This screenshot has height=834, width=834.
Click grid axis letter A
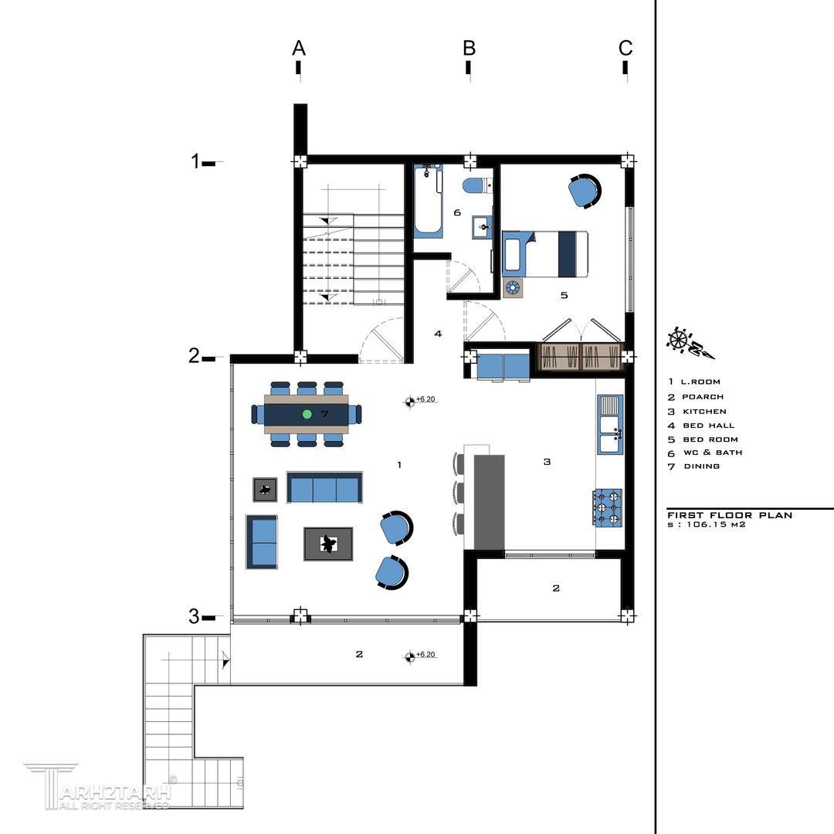299,49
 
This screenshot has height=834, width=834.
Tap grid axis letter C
625,49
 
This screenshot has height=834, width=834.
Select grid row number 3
194,616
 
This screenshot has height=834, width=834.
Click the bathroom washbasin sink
483,228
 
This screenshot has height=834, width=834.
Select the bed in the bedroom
545,254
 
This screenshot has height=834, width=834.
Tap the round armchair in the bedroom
585,190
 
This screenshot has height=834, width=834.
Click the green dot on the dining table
307,414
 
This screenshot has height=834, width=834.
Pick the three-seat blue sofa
325,487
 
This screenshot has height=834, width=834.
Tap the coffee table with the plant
328,544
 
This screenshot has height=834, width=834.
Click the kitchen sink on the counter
610,425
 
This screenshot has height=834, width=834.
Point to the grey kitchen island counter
488,502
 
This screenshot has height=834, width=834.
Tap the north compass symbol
690,344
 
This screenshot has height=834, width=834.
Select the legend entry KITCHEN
704,412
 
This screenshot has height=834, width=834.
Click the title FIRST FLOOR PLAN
730,515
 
